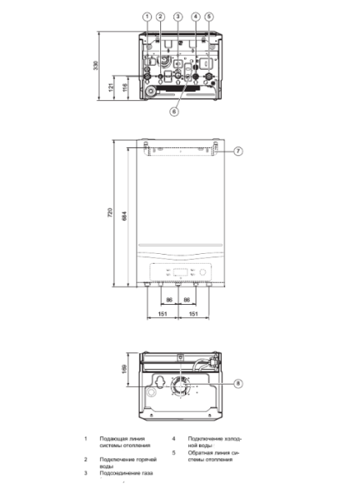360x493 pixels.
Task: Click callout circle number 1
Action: (x=146, y=16)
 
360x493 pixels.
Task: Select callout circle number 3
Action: (x=178, y=16)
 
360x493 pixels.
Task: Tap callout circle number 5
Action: (x=209, y=16)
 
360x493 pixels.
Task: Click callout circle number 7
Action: (x=238, y=150)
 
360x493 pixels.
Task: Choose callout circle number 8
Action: (x=238, y=383)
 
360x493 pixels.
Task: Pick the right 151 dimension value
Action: (x=194, y=314)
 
